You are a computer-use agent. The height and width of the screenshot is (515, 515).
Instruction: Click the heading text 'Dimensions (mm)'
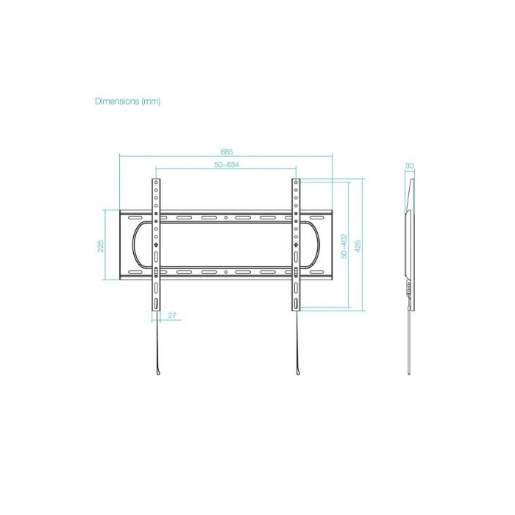tap(128, 101)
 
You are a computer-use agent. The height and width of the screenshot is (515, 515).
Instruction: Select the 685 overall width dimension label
tap(227, 151)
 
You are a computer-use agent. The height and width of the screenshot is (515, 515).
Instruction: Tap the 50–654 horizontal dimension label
tap(226, 166)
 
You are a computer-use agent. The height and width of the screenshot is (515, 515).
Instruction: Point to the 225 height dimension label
tap(101, 245)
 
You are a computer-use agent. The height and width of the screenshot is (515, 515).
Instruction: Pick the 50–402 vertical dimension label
tap(342, 245)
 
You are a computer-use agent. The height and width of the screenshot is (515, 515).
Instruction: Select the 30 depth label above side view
tap(410, 166)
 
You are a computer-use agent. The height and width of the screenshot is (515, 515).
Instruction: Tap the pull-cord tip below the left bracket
tap(156, 374)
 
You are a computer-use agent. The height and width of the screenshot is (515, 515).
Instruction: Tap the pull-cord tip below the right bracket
tap(296, 374)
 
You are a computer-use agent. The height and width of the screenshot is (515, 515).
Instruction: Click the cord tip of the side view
tap(410, 374)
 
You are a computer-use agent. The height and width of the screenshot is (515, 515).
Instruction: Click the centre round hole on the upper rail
tap(226, 218)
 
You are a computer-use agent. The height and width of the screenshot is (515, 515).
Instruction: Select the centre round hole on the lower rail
tap(226, 271)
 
